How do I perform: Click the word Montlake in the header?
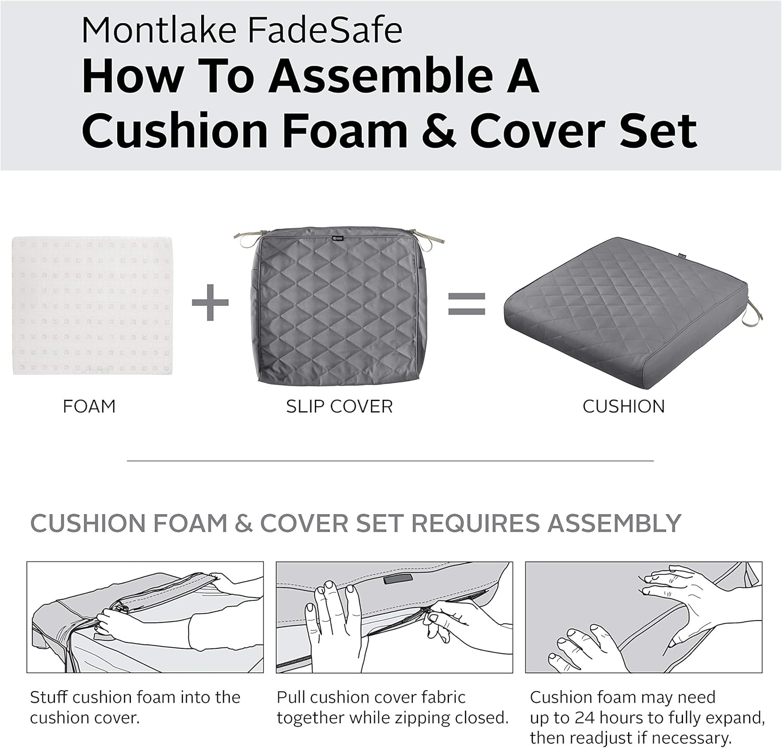tap(159, 30)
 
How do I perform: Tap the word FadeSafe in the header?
tap(324, 30)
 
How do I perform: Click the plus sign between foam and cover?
tap(210, 302)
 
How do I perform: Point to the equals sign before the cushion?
tap(467, 304)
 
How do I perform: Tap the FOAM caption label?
tap(89, 407)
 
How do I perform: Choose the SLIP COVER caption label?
tap(339, 407)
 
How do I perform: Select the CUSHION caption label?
tap(624, 407)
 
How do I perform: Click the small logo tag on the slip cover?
tap(338, 238)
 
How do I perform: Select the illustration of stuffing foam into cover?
tap(145, 617)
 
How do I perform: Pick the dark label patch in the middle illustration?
tap(397, 579)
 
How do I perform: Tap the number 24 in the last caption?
tap(586, 718)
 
